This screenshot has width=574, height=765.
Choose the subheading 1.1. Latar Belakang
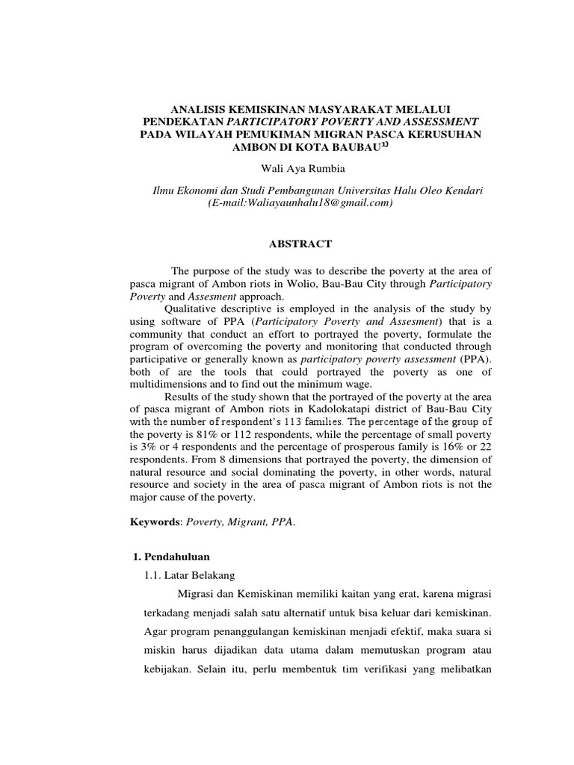pos(189,575)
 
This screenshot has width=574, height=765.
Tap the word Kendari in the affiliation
pos(464,191)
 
